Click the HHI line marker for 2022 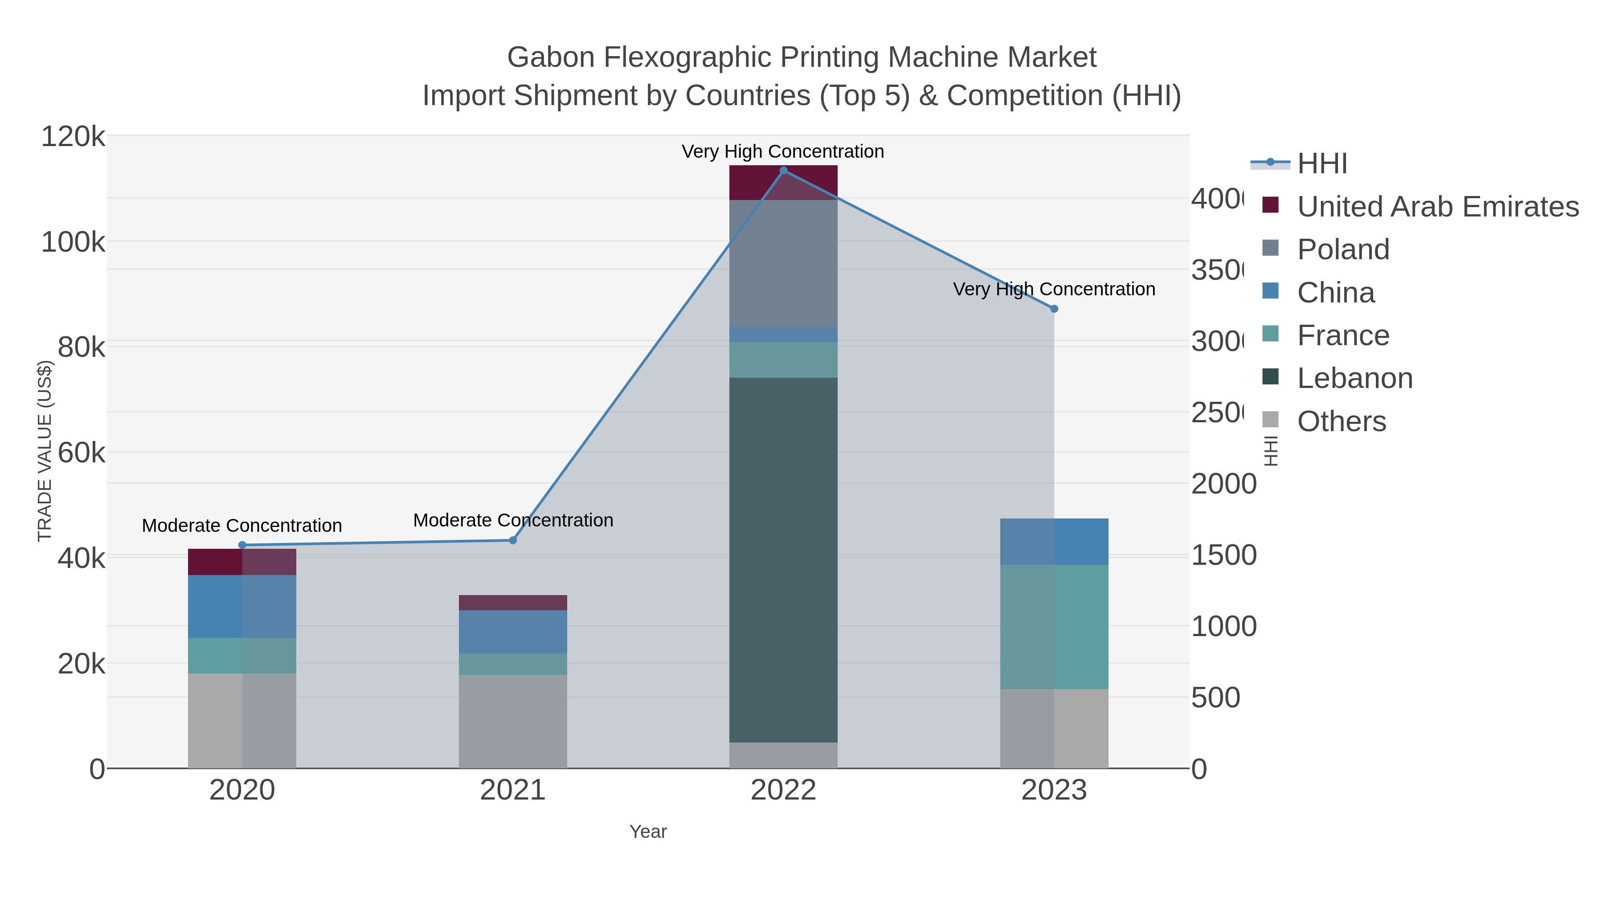point(783,171)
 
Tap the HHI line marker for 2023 point(1054,309)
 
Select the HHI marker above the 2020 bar point(242,545)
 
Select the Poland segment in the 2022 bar point(783,263)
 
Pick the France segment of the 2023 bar point(1054,626)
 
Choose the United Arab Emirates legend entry point(1437,207)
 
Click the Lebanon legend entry point(1354,379)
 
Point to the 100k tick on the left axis point(73,242)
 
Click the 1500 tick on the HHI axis point(1223,555)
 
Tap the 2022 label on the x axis point(783,791)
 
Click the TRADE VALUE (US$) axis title point(45,451)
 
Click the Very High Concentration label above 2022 point(783,151)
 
